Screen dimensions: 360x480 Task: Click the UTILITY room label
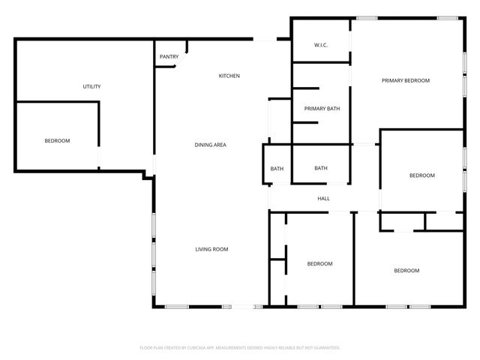[91, 87]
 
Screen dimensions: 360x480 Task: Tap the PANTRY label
[169, 57]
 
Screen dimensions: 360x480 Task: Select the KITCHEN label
[229, 76]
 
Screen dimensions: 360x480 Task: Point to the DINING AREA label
[211, 145]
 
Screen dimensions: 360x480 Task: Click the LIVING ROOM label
[211, 249]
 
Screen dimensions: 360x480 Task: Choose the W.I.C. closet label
[321, 46]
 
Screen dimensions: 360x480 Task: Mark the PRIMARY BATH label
[322, 109]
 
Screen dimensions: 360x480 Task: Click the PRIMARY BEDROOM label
[405, 80]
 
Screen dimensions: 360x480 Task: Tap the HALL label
[324, 199]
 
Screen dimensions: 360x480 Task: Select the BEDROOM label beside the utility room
[57, 141]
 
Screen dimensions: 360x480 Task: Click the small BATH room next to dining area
[277, 168]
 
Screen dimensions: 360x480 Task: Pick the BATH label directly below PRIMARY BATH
[321, 168]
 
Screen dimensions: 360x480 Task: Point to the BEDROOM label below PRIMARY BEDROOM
[421, 175]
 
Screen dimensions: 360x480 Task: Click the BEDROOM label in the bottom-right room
[406, 271]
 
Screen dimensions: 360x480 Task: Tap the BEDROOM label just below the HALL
[319, 264]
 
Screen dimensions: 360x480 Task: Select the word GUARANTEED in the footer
[325, 348]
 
